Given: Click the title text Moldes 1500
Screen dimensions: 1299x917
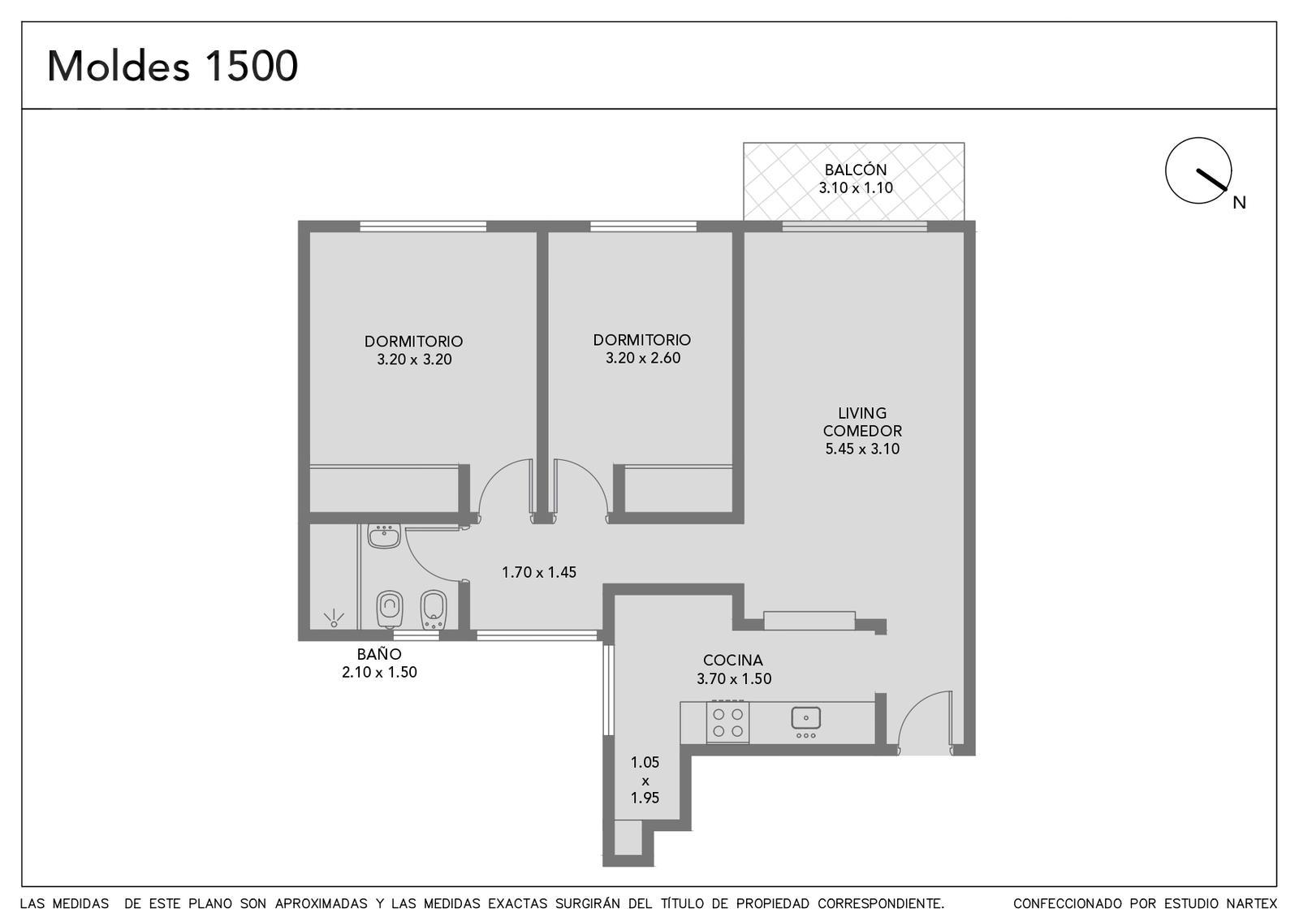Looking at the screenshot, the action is point(172,66).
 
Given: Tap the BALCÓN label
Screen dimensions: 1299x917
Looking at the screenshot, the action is point(856,170).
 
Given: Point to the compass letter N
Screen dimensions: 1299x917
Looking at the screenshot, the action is point(1239,202).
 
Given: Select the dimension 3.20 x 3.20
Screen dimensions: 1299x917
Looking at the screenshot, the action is point(414,359).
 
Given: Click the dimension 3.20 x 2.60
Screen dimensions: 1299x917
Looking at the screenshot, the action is point(642,358).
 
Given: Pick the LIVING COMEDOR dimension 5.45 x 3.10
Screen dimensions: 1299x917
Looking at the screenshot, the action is point(862,448).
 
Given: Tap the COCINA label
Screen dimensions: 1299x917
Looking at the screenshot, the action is point(733,660).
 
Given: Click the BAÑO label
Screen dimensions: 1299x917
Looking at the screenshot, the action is point(379,654).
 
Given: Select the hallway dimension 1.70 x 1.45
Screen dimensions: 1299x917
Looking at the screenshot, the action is point(539,572).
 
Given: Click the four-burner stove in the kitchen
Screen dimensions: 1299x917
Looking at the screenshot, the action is point(727,722).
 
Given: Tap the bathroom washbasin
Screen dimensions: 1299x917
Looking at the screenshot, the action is point(384,536).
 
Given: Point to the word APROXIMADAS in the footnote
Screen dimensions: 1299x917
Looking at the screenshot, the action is point(322,903).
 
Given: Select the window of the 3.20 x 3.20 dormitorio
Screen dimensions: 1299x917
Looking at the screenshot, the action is point(423,226).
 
